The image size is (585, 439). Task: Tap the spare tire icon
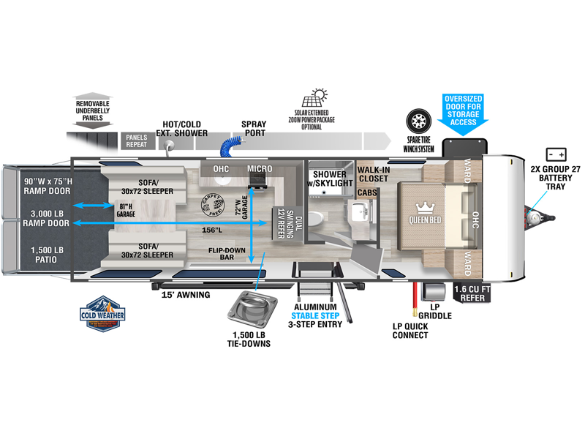click(x=419, y=121)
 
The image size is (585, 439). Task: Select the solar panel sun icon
click(x=320, y=99)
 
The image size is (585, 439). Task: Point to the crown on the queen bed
click(x=424, y=208)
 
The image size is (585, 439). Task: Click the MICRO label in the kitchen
click(x=259, y=169)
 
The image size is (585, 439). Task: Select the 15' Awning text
click(x=186, y=295)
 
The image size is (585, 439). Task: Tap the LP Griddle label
click(x=439, y=311)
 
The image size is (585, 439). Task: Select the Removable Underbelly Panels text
click(x=93, y=108)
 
